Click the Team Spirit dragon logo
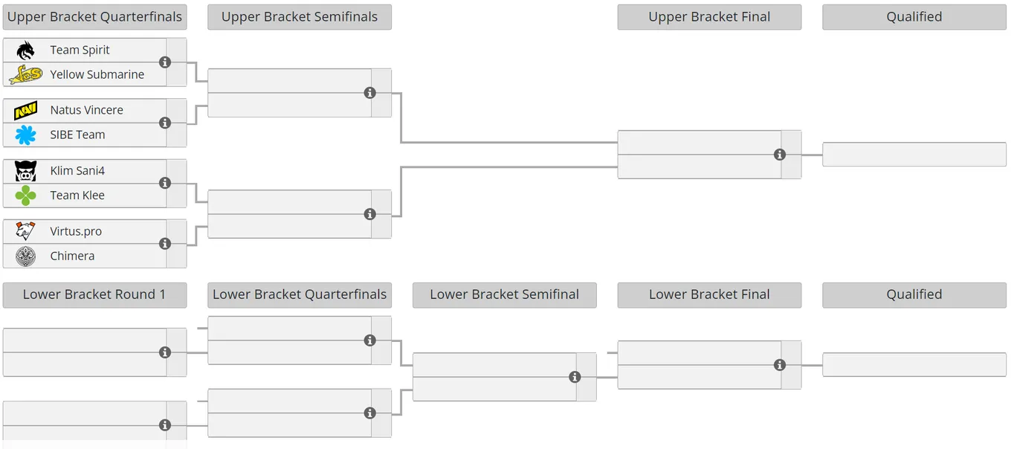click(x=25, y=50)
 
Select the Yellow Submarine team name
click(x=97, y=74)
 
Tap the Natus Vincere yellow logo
click(x=25, y=111)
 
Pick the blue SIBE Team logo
click(x=25, y=135)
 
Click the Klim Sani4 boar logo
click(x=25, y=171)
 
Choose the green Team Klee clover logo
click(x=25, y=196)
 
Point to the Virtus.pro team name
click(x=76, y=231)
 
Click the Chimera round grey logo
click(x=25, y=256)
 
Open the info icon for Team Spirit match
click(x=165, y=62)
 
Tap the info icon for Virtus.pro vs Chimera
click(x=165, y=244)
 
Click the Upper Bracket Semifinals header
click(x=300, y=17)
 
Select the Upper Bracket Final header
click(x=709, y=17)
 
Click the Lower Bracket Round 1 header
click(x=95, y=294)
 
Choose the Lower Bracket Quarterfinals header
click(x=300, y=294)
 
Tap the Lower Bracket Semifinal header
click(x=505, y=294)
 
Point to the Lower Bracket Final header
click(x=709, y=294)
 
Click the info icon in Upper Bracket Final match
click(x=780, y=155)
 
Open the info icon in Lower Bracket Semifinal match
click(x=575, y=377)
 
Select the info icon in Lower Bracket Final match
click(x=780, y=364)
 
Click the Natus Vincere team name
click(x=87, y=110)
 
